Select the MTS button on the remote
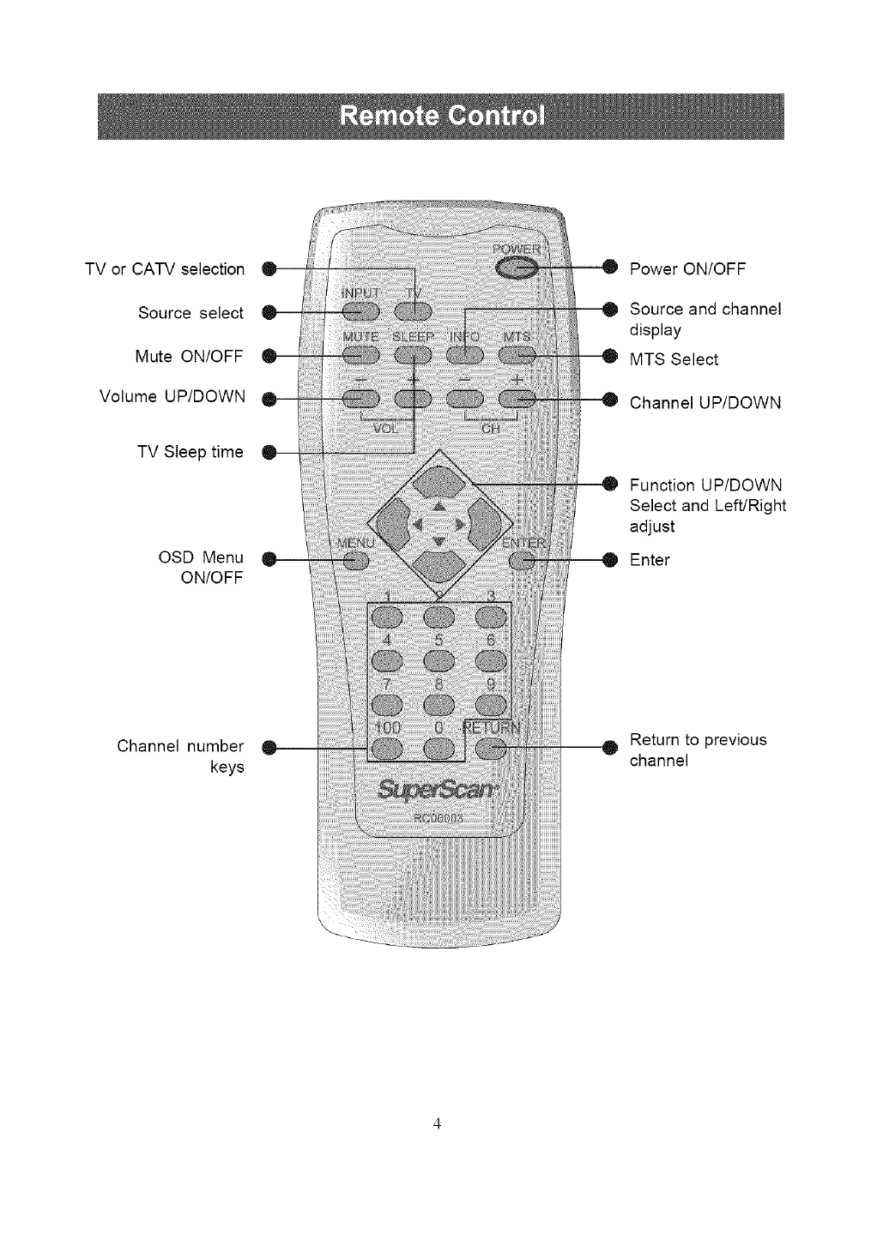517,353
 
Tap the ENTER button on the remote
523,561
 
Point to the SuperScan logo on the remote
437,787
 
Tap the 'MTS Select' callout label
674,359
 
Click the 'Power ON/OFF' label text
687,269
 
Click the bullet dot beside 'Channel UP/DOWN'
610,398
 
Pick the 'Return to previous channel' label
698,749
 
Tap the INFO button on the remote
464,353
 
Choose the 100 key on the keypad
385,749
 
